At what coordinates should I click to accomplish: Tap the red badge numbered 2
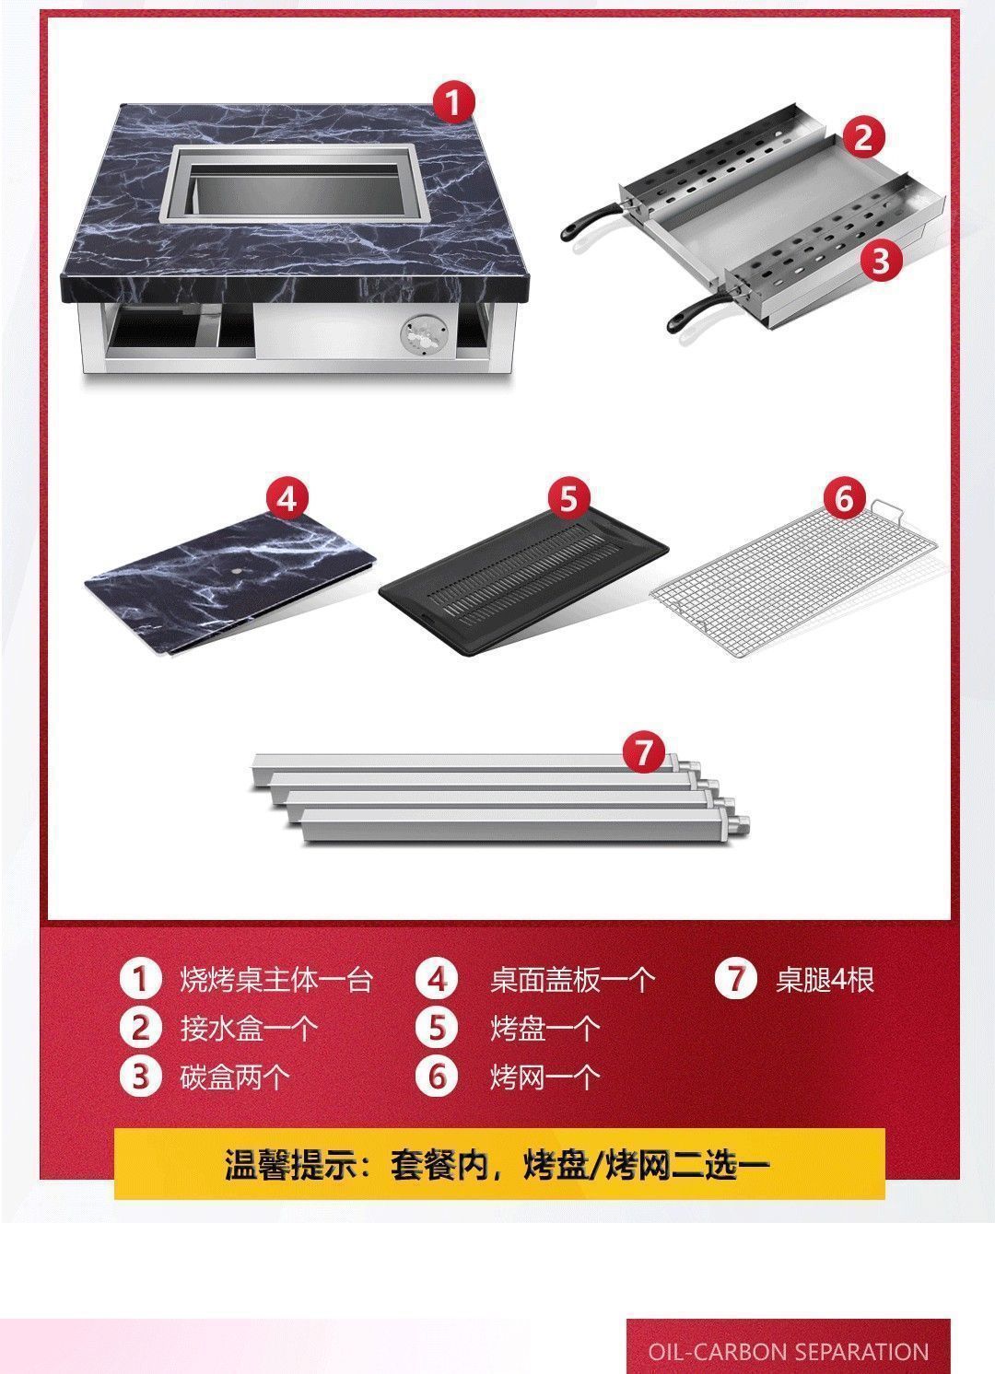point(862,138)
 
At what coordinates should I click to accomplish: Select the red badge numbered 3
point(882,261)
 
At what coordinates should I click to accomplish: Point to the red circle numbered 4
point(287,499)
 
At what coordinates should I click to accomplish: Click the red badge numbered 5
point(568,499)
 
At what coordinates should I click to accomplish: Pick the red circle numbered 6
point(845,499)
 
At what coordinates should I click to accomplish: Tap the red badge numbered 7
point(643,752)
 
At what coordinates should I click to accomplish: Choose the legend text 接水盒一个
point(249,1028)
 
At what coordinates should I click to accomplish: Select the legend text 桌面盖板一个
point(572,979)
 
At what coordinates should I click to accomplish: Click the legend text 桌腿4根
point(825,979)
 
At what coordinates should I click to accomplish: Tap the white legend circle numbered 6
point(437,1076)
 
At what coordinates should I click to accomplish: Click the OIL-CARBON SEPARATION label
point(788,1351)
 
